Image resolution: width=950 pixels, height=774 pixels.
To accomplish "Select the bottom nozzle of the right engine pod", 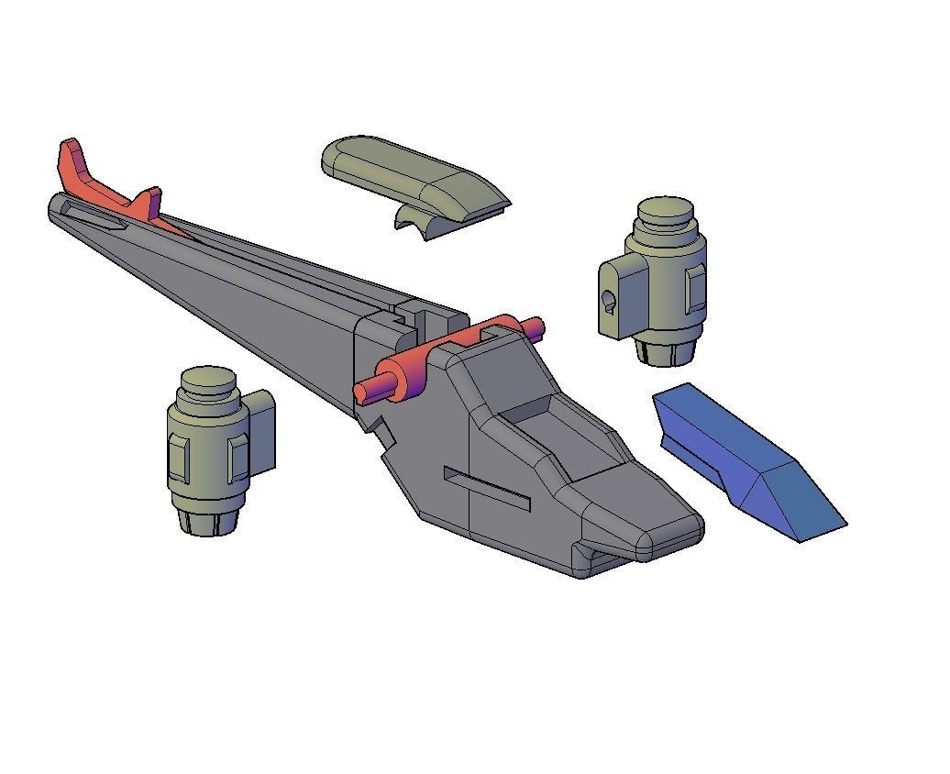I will [666, 352].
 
